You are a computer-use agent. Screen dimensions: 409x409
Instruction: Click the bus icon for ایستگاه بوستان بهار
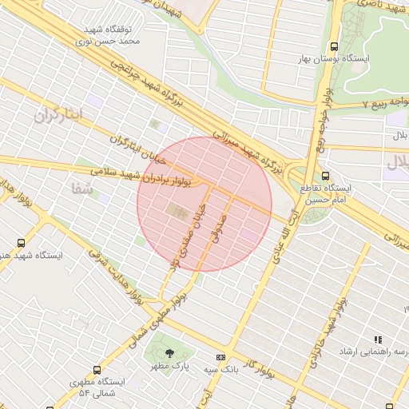pyautogui.click(x=334, y=46)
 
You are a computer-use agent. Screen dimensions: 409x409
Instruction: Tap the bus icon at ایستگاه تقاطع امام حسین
pyautogui.click(x=324, y=176)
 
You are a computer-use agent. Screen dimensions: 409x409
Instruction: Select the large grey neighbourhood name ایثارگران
pyautogui.click(x=58, y=115)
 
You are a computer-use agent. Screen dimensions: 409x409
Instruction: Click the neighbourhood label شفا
pyautogui.click(x=82, y=189)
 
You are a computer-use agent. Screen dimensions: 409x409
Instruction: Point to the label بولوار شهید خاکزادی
pyautogui.click(x=324, y=336)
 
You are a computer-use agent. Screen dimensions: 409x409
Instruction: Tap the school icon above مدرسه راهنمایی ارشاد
pyautogui.click(x=378, y=340)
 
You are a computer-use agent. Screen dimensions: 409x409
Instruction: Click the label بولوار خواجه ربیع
pyautogui.click(x=323, y=120)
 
